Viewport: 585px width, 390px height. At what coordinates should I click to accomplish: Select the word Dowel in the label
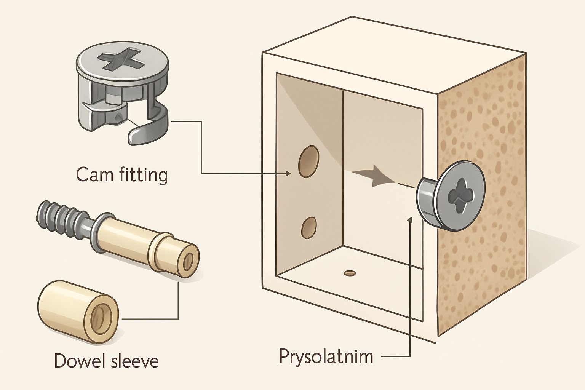pos(80,360)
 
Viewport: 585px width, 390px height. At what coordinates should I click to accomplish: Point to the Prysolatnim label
pos(326,356)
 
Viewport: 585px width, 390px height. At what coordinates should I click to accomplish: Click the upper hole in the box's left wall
pos(309,161)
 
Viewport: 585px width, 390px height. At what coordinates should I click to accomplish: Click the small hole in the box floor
pos(349,273)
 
